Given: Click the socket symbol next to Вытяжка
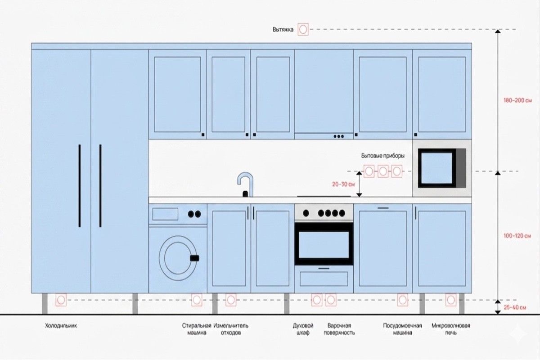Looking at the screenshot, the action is pos(303,29).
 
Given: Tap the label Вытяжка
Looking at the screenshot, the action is pos(283,29).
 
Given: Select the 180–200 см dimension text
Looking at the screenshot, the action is pos(517,100).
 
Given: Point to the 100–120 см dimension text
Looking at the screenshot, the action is pos(517,236).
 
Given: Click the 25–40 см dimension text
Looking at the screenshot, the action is pos(515,307).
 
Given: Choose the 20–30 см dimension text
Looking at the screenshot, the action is pos(343,184).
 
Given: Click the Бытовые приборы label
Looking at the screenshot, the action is pos(383,156).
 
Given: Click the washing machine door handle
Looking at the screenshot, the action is pos(194,258).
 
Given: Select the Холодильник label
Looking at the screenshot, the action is pos(61,326).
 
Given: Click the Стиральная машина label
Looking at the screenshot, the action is pos(197,329).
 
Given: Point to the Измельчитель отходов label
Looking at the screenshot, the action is pos(231,329).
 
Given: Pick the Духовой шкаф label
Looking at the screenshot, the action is pos(303,329).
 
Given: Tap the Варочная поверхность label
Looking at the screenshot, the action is pos(339,329).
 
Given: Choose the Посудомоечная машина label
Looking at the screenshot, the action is pos(402,329).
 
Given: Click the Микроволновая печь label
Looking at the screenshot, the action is pos(451,329).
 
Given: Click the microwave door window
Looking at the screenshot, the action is pos(437,168).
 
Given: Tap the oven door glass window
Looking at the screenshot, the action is pos(324,245).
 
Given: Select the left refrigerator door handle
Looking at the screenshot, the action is pos(80,186).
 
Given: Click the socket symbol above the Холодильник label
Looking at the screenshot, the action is pos(61,300).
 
